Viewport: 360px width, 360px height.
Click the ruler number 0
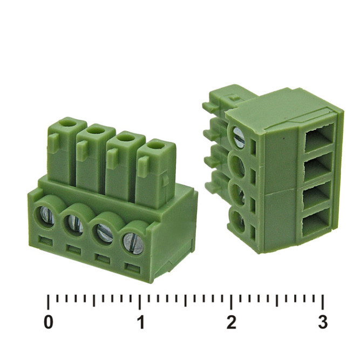(x=49, y=323)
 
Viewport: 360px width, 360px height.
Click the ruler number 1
(x=141, y=323)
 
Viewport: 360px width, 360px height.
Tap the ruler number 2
(x=232, y=323)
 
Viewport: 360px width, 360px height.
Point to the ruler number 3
(x=322, y=323)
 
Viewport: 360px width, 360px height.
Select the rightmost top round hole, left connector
(x=156, y=144)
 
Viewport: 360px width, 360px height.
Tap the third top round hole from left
(x=126, y=137)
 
